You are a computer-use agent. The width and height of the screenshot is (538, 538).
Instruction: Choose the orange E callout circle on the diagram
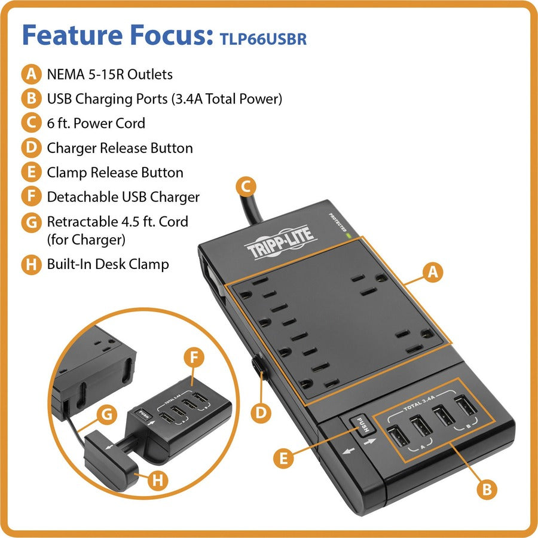point(283,458)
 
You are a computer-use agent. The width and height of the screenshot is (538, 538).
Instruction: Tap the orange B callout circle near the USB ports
point(487,489)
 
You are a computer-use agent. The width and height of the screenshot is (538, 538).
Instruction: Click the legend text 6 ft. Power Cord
point(96,123)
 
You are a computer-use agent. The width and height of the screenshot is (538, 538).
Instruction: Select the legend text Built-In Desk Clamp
point(108,264)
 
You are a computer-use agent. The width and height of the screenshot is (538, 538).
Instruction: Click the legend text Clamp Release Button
point(115,172)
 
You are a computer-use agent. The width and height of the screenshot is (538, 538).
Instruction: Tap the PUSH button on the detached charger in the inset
point(143,414)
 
